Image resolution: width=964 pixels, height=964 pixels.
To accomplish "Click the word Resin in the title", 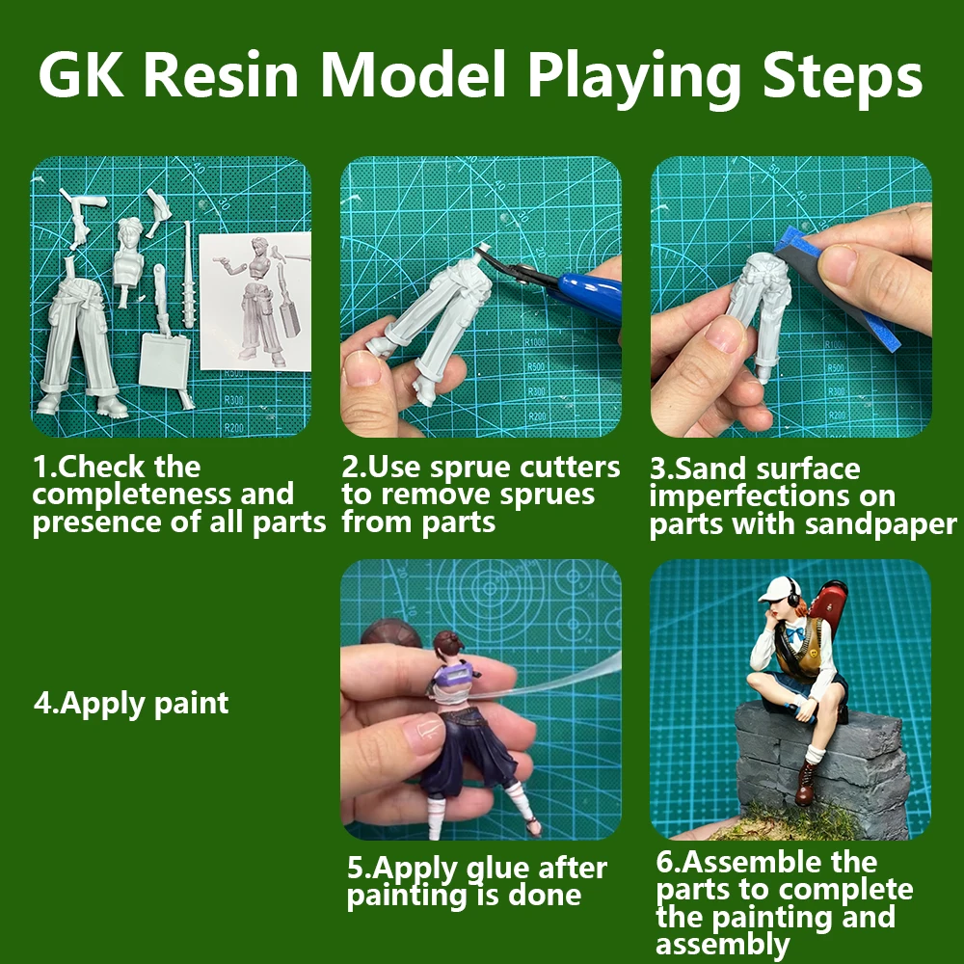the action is pyautogui.click(x=222, y=75).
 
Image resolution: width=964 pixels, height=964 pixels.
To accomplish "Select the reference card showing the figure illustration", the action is pyautogui.click(x=255, y=301).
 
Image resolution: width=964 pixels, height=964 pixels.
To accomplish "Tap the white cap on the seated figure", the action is pyautogui.click(x=777, y=589).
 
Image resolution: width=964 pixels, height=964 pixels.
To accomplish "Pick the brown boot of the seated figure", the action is pyautogui.click(x=806, y=782).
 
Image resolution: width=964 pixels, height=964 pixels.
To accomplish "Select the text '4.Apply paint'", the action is pyautogui.click(x=131, y=704).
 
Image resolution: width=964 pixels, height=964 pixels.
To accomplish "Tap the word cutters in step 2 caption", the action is pyautogui.click(x=570, y=468).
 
